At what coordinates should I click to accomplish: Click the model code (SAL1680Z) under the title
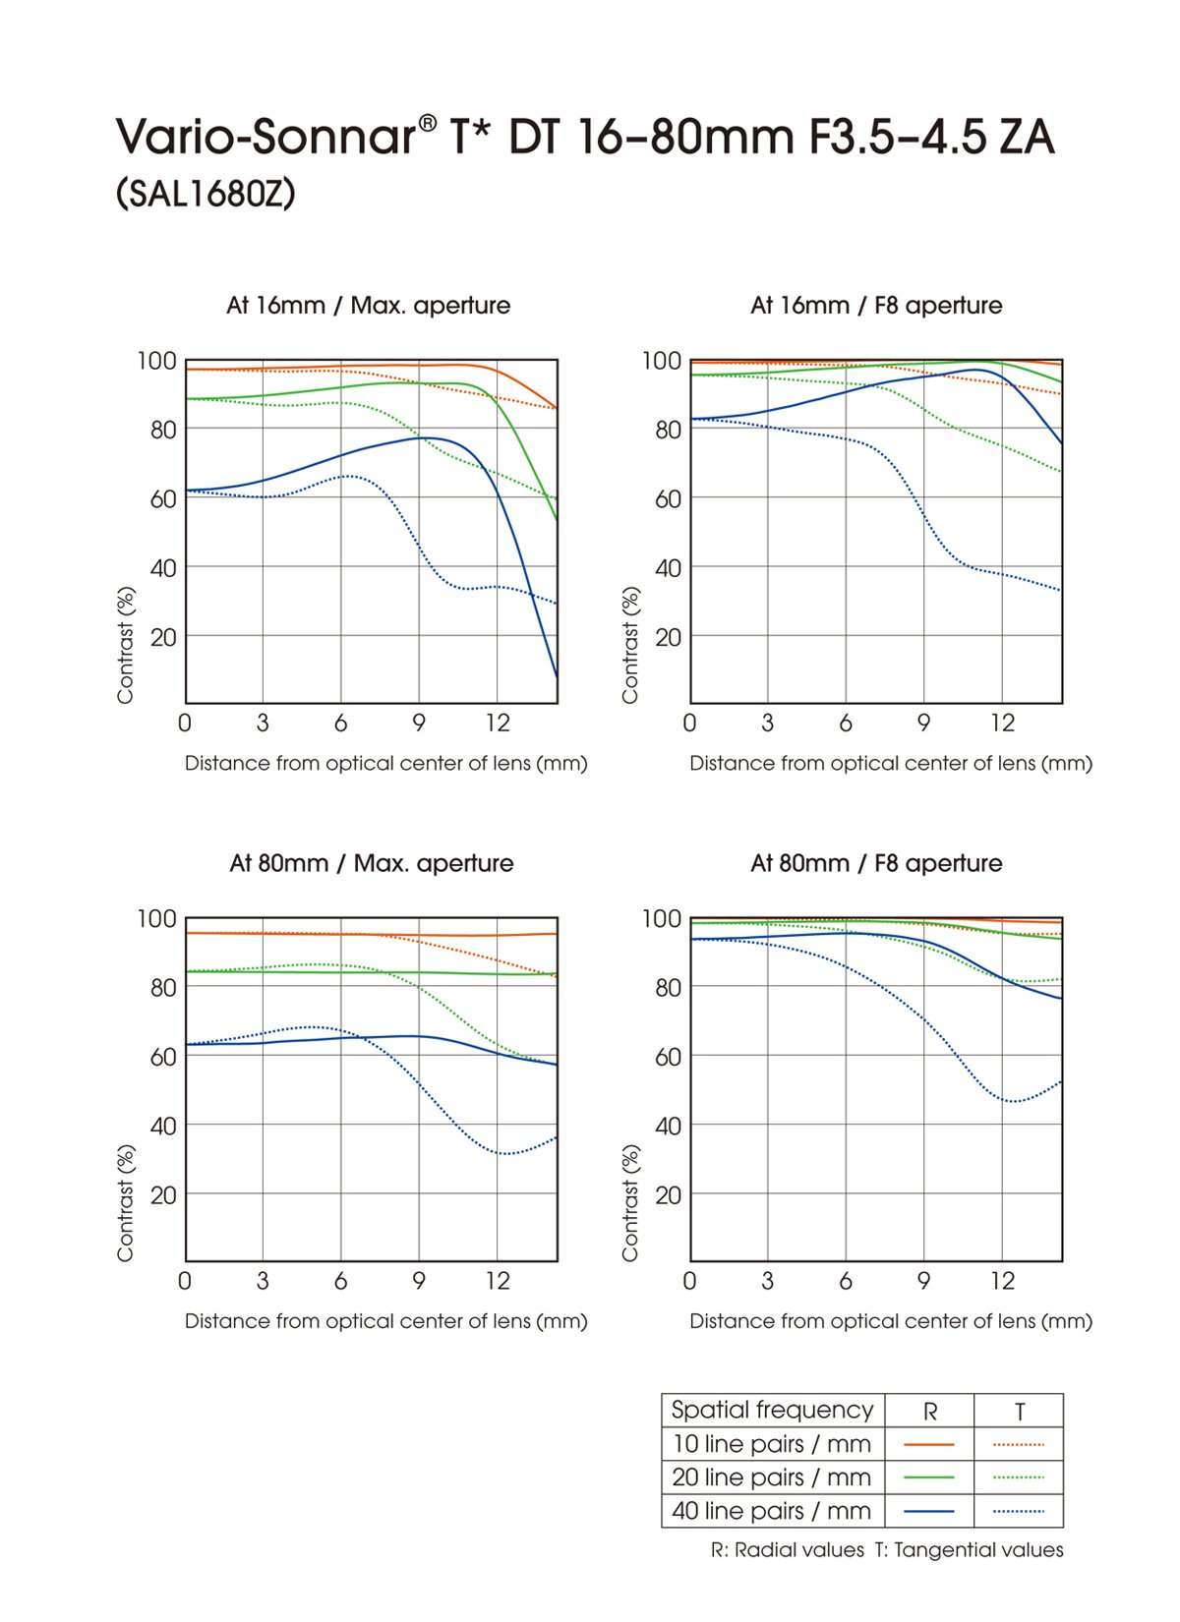click(206, 195)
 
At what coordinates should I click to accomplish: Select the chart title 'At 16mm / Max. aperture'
click(368, 305)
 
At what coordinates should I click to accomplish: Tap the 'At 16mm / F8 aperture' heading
click(875, 305)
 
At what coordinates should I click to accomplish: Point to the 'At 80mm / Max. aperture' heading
click(371, 863)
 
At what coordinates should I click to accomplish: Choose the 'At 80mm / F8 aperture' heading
click(875, 863)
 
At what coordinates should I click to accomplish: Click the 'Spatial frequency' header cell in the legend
click(772, 1410)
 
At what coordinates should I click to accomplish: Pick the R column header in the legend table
click(929, 1412)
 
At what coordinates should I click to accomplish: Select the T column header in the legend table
click(1019, 1412)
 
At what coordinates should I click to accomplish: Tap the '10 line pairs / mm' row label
click(772, 1444)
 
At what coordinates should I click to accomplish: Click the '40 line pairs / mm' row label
click(772, 1511)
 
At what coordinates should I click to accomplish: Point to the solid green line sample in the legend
click(929, 1477)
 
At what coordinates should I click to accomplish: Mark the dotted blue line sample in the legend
click(1019, 1511)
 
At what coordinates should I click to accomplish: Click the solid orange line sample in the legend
click(929, 1444)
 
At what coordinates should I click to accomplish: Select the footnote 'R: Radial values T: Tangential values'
click(887, 1550)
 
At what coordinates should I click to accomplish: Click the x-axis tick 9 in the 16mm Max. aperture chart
click(419, 724)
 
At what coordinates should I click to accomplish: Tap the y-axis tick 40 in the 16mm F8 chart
click(668, 568)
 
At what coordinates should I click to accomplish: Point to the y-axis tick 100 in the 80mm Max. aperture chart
click(157, 919)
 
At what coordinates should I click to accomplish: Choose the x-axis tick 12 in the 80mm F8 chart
click(1001, 1281)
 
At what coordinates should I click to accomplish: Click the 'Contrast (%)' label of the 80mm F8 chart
click(630, 1203)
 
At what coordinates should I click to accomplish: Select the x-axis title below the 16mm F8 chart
click(891, 764)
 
